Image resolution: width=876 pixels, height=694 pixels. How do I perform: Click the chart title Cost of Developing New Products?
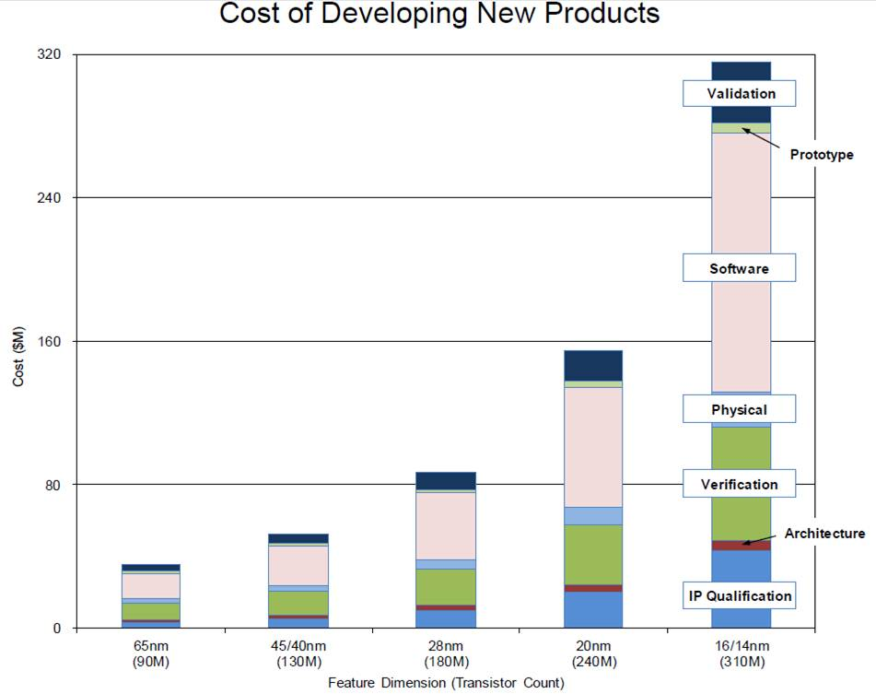tap(438, 15)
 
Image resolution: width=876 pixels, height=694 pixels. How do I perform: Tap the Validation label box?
tap(741, 93)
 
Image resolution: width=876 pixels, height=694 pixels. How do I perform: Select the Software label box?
tap(739, 268)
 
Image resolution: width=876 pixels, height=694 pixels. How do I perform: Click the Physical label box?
tap(739, 409)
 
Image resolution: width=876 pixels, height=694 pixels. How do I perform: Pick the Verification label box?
tap(739, 484)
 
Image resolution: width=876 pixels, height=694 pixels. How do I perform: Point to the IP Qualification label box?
tap(740, 595)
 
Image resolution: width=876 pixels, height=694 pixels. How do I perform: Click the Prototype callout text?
tap(822, 155)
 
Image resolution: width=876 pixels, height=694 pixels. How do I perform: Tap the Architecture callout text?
tap(824, 533)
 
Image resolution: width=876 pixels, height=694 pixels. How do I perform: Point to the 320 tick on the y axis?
tap(51, 55)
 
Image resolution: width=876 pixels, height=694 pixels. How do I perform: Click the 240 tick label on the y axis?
tap(51, 198)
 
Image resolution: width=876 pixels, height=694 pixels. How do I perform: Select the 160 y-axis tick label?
tap(51, 342)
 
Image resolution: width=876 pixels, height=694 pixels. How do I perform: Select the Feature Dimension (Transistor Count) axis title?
tap(446, 683)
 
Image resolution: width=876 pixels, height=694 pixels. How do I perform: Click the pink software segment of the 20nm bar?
tap(593, 447)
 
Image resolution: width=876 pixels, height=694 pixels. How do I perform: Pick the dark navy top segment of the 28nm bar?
tap(446, 480)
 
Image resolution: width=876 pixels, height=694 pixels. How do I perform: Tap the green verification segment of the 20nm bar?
tap(593, 554)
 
